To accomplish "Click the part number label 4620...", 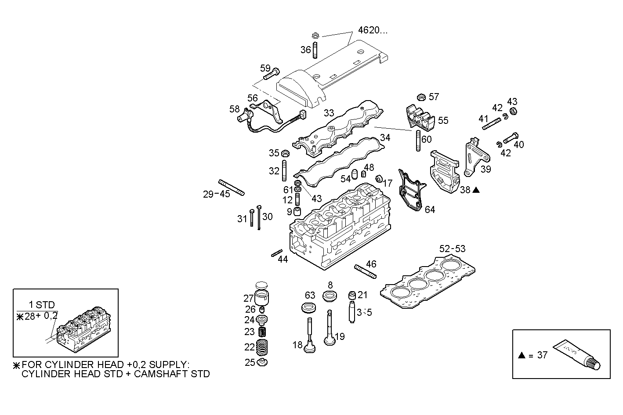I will tap(373, 30).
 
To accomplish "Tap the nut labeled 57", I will tap(420, 97).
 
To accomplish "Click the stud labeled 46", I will tap(365, 271).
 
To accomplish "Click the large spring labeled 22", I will tap(262, 347).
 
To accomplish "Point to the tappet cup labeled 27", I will tap(261, 298).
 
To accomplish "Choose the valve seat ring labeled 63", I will tap(308, 307).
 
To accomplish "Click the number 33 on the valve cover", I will tap(329, 113).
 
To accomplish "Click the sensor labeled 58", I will tap(245, 116).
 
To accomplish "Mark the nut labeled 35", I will tap(284, 153).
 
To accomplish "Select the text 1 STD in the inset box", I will tap(42, 305).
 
